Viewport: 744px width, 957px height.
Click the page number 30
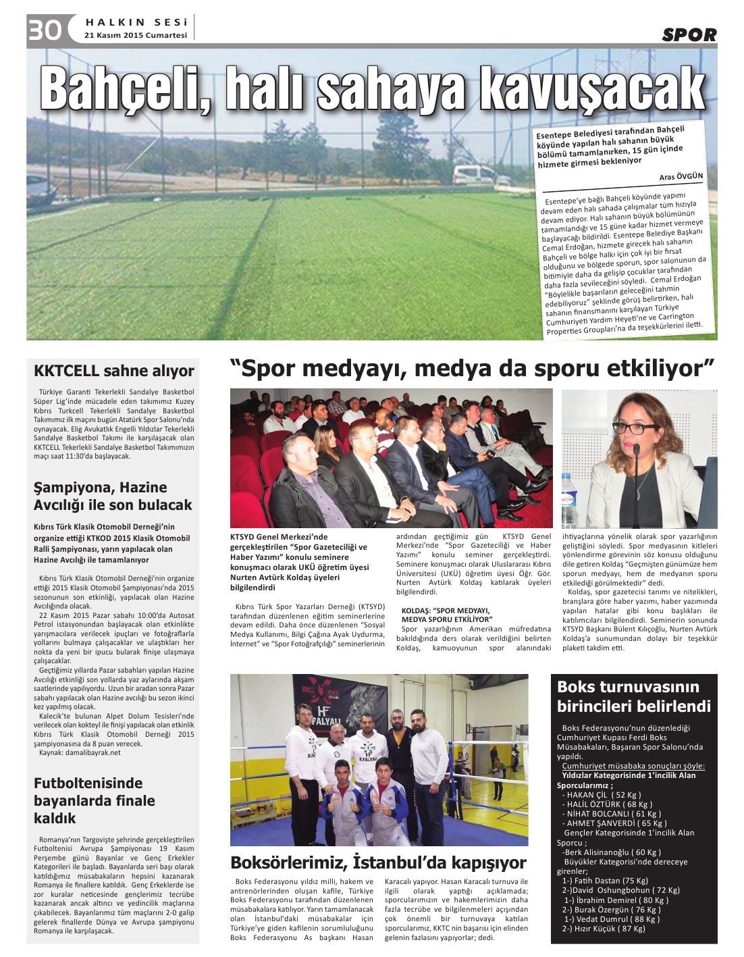(x=45, y=30)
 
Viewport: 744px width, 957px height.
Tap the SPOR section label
(x=689, y=35)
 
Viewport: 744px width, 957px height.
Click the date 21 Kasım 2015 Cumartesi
(x=136, y=35)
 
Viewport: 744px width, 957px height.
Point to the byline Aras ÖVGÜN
(x=681, y=177)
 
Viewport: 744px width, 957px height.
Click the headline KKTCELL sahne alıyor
(x=113, y=371)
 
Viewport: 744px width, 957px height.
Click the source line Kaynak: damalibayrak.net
(x=80, y=752)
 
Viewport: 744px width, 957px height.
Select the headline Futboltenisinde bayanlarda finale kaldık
(x=95, y=800)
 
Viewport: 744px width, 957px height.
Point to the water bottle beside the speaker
(x=568, y=499)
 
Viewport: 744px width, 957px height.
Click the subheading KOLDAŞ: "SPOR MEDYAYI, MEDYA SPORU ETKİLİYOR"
(x=446, y=615)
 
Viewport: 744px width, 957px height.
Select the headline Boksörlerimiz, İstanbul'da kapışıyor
(x=378, y=862)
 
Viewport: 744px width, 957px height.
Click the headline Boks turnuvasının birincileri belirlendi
(x=633, y=696)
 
